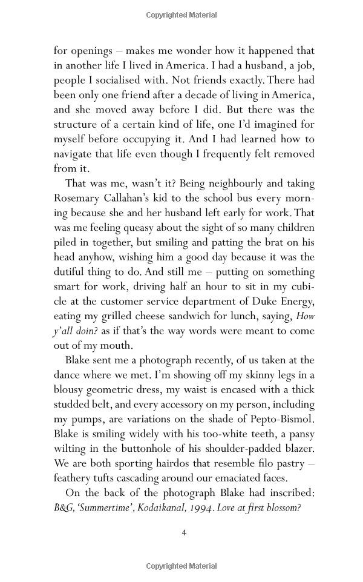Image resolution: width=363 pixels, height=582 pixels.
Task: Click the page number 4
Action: [184, 533]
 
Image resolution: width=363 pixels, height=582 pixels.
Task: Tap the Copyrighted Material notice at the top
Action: [181, 15]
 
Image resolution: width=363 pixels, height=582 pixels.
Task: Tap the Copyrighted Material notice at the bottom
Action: [181, 566]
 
